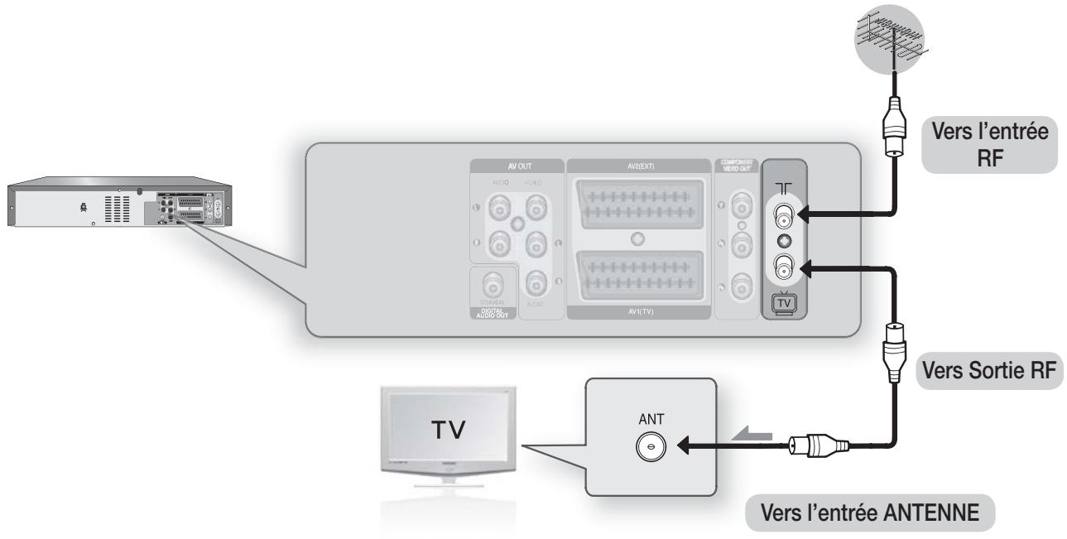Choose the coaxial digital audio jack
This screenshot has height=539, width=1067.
point(493,286)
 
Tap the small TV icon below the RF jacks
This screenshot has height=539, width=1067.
point(783,301)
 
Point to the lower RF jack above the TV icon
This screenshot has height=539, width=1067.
point(783,267)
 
